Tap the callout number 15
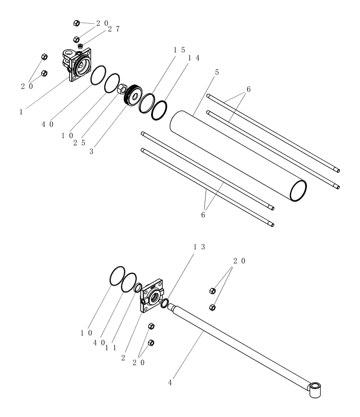pos(180,50)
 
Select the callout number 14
pos(193,58)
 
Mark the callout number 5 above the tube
pos(217,72)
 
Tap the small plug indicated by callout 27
pos(80,45)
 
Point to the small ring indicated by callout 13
pos(165,303)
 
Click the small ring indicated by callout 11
pos(138,288)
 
